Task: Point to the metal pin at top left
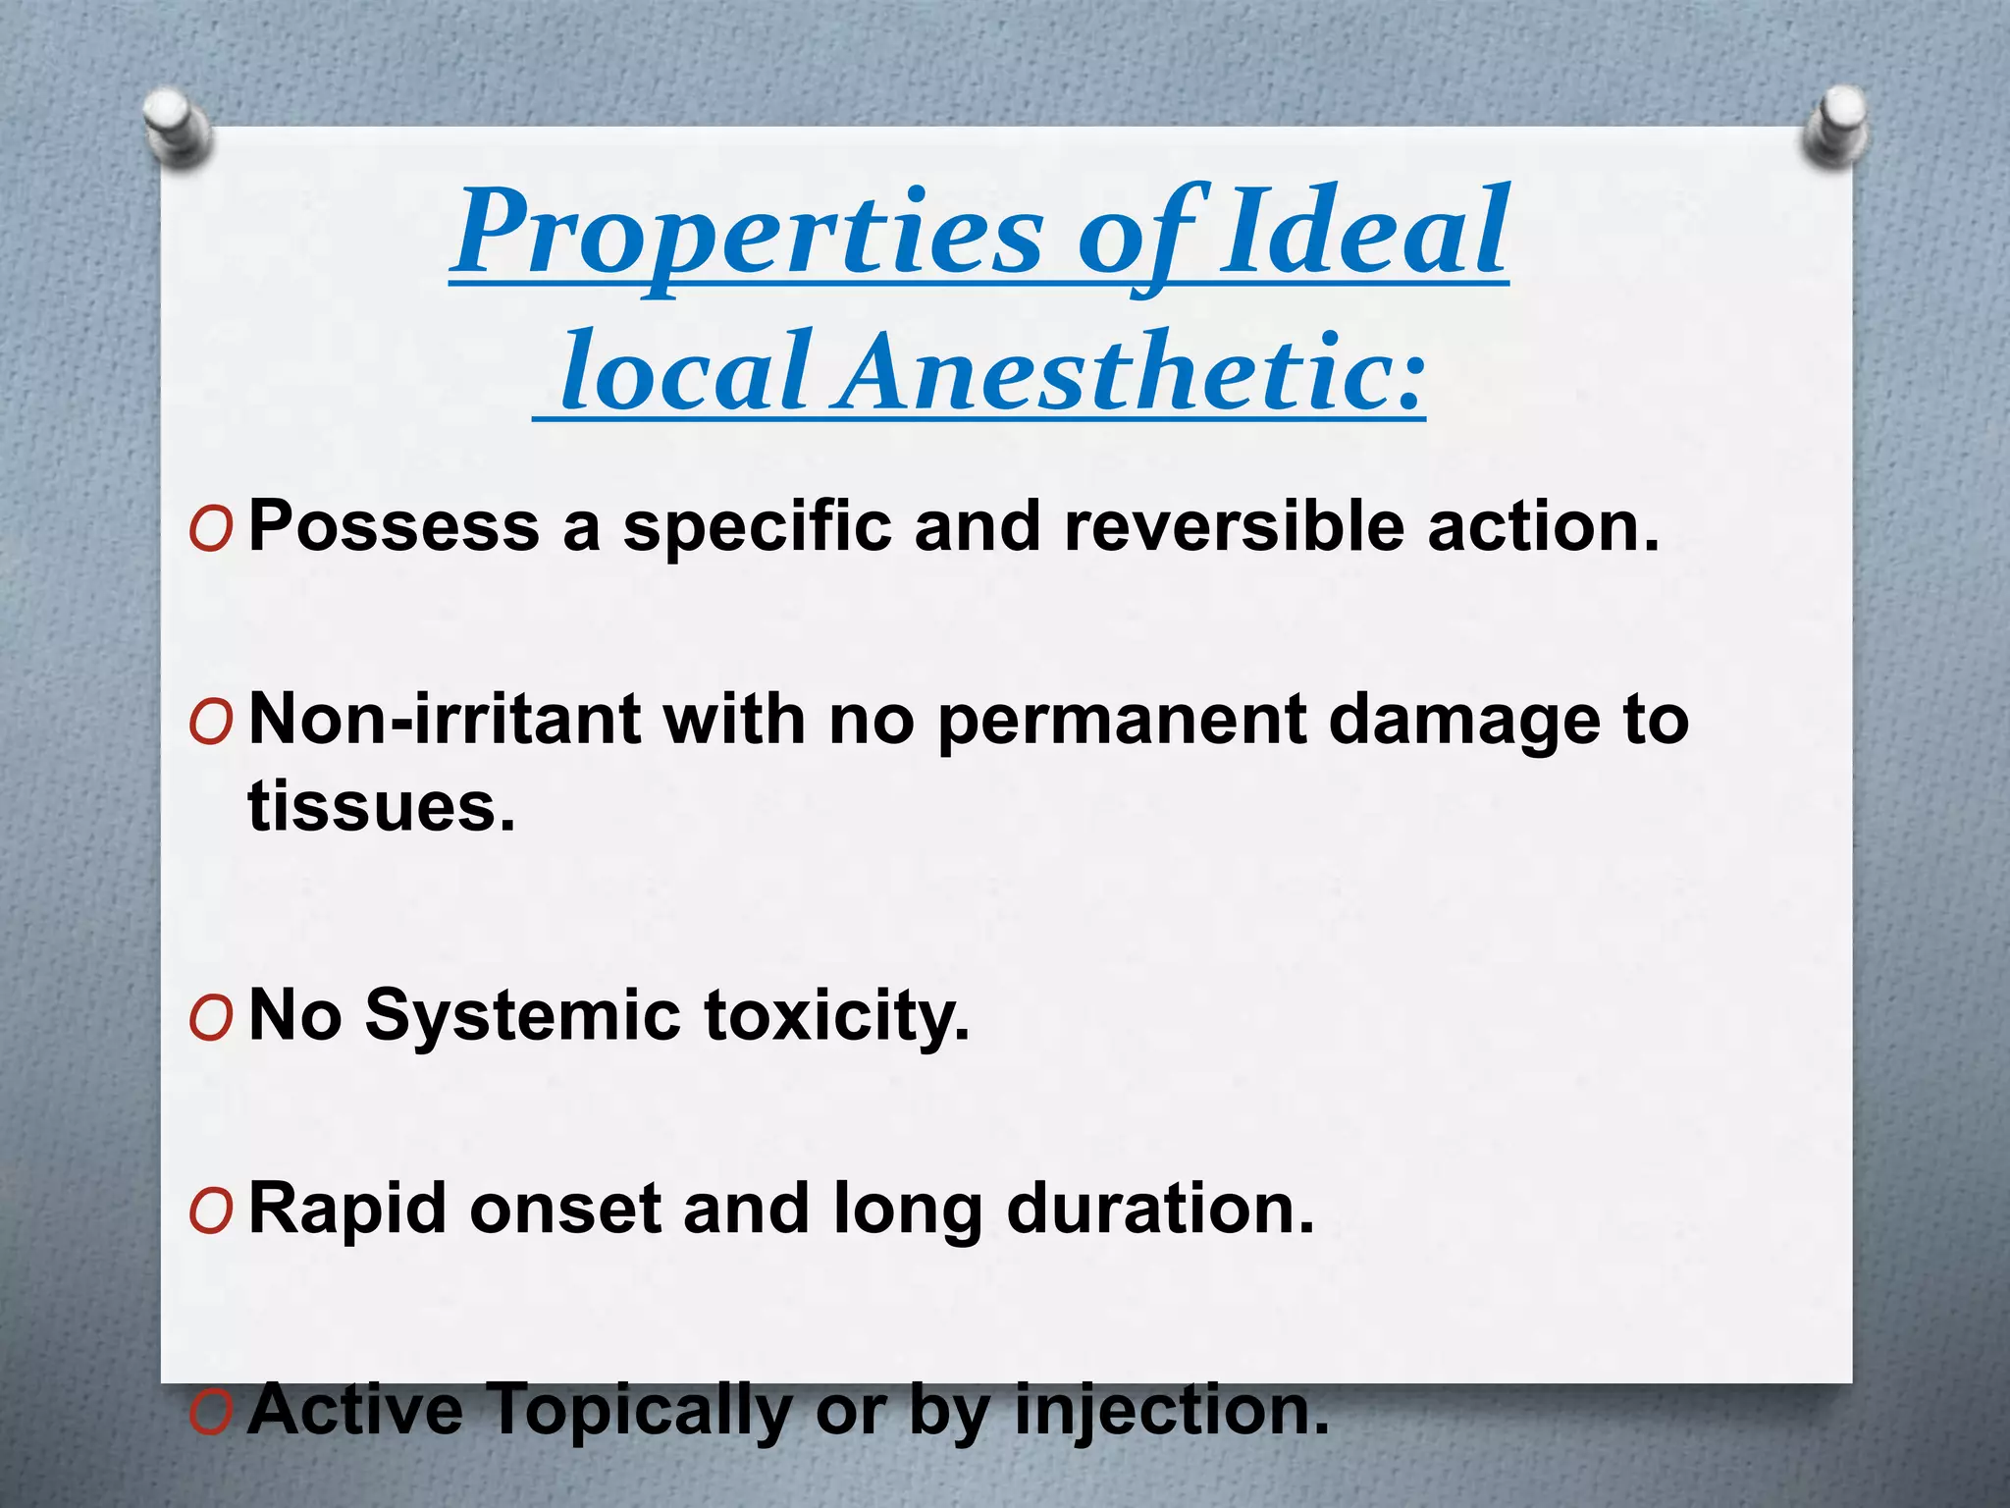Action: coord(177,126)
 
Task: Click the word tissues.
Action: coord(381,807)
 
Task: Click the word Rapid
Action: coord(347,1210)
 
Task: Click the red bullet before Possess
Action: coord(211,531)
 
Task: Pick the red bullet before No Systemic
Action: coord(211,1020)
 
